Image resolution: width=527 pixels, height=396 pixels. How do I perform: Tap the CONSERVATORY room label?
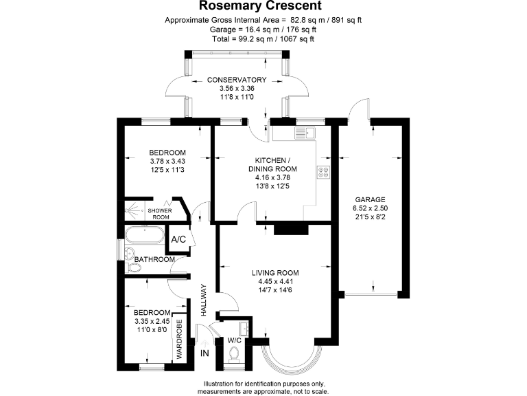pyautogui.click(x=237, y=80)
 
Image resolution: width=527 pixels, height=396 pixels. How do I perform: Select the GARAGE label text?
pyautogui.click(x=368, y=199)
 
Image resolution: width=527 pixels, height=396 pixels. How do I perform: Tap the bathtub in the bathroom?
pyautogui.click(x=145, y=239)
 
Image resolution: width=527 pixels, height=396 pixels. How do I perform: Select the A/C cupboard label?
pyautogui.click(x=178, y=239)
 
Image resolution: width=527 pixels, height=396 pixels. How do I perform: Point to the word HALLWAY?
pyautogui.click(x=204, y=300)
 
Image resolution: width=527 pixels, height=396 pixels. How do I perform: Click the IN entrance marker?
pyautogui.click(x=204, y=353)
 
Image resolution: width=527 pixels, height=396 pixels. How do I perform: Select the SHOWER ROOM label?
pyautogui.click(x=160, y=213)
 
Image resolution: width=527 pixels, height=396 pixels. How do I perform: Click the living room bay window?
pyautogui.click(x=292, y=357)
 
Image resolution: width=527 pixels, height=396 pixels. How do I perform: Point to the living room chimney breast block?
pyautogui.click(x=288, y=230)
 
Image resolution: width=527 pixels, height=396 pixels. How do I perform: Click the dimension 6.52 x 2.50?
pyautogui.click(x=369, y=208)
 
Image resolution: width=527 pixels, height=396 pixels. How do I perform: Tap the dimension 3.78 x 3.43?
pyautogui.click(x=168, y=162)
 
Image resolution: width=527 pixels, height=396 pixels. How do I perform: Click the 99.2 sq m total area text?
pyautogui.click(x=248, y=39)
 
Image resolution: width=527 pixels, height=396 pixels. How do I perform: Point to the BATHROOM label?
pyautogui.click(x=154, y=259)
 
